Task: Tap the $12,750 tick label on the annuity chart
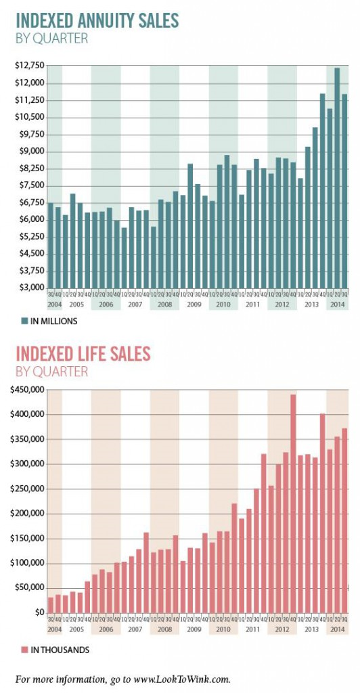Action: tap(28, 66)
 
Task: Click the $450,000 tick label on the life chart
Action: tap(27, 390)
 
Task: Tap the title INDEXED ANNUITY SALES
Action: tap(97, 21)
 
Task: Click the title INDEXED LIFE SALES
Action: tap(83, 354)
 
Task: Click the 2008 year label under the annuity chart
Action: tap(164, 305)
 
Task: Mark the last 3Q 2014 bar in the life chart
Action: tap(344, 522)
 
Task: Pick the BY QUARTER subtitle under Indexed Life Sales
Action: tap(51, 372)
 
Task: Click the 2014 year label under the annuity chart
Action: tap(336, 305)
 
